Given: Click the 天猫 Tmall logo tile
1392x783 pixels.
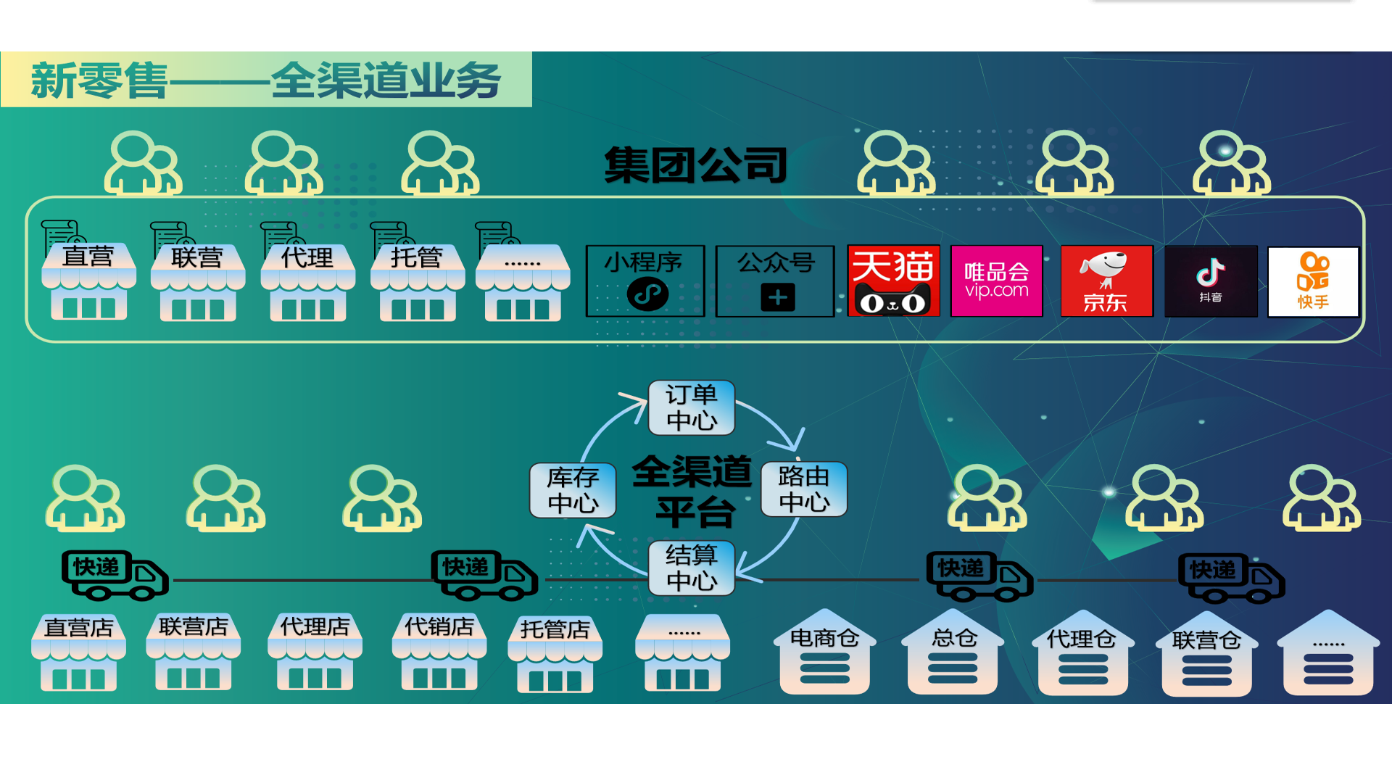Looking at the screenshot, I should click(893, 281).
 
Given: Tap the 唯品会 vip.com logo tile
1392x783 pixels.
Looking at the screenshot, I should click(996, 281).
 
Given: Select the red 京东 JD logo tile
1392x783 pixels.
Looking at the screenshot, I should click(1106, 281).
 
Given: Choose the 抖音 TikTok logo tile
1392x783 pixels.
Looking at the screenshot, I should click(1211, 281).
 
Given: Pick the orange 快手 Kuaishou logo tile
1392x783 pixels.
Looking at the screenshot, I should click(1313, 281).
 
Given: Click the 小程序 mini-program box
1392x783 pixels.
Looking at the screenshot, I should click(645, 281).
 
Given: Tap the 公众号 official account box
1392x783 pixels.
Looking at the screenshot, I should click(775, 281).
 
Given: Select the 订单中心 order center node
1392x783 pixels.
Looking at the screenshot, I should click(691, 407).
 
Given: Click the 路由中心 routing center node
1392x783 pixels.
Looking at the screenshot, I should click(803, 489).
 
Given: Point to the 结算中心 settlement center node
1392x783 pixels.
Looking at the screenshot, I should click(691, 568).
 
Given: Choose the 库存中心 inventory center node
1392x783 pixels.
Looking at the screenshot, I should click(573, 490).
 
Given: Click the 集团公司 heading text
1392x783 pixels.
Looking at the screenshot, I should click(695, 165).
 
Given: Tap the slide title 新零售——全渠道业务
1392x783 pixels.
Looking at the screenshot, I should click(266, 80).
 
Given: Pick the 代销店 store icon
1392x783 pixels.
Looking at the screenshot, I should click(439, 652).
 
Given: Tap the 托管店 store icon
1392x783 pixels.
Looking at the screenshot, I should click(555, 655).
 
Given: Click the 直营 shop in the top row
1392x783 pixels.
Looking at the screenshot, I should click(88, 283).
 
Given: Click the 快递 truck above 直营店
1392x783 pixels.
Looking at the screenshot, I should click(115, 575).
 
